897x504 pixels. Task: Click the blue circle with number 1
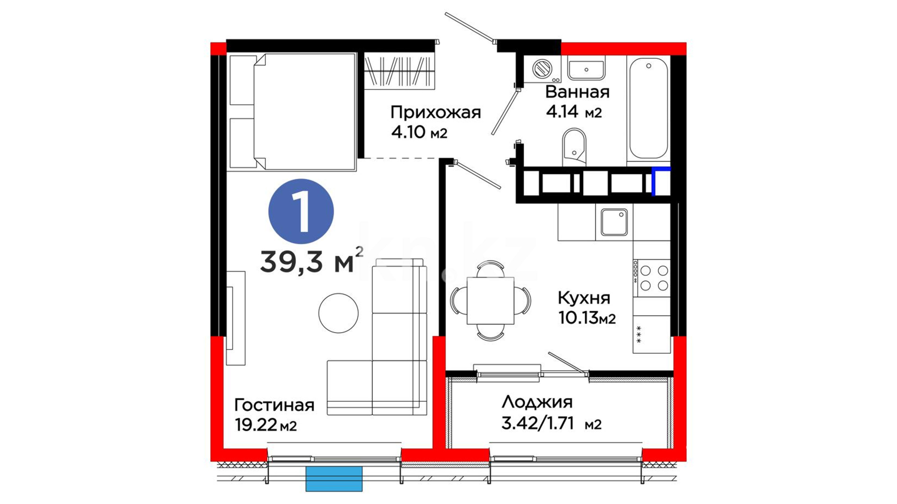click(x=301, y=211)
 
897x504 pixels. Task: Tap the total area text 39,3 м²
click(x=311, y=260)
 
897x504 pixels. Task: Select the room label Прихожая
click(x=435, y=113)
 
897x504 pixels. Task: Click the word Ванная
click(x=577, y=92)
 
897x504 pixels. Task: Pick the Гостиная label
click(x=274, y=405)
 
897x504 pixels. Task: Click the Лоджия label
click(x=537, y=402)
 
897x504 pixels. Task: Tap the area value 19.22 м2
click(x=266, y=425)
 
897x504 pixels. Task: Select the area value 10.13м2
click(x=587, y=318)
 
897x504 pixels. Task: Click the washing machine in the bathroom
click(x=542, y=69)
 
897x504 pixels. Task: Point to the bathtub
click(x=648, y=108)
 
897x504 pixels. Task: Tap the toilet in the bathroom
click(x=574, y=146)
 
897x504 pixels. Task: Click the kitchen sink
click(x=614, y=222)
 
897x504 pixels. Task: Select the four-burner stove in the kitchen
click(x=652, y=278)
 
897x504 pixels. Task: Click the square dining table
click(x=491, y=301)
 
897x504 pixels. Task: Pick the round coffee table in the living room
click(x=339, y=313)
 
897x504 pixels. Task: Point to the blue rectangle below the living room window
click(x=334, y=479)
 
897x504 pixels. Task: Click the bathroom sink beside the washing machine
click(x=586, y=68)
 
